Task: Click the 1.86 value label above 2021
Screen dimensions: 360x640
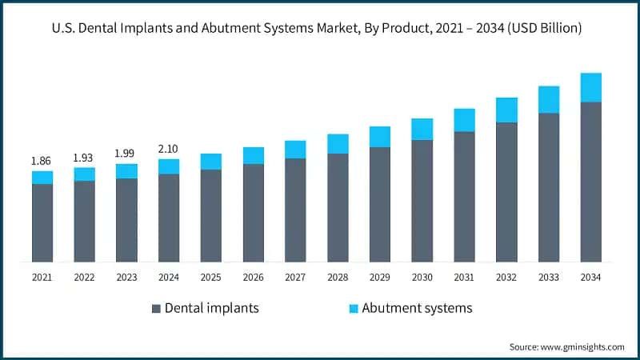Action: [x=42, y=161]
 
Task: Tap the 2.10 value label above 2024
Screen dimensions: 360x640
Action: [x=169, y=149]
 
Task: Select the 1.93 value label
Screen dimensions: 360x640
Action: [x=84, y=158]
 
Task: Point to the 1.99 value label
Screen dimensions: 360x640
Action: [x=126, y=154]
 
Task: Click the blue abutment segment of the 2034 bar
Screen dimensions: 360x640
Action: [x=590, y=87]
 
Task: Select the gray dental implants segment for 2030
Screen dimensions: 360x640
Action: [x=422, y=201]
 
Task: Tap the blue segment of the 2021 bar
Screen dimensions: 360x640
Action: [x=42, y=178]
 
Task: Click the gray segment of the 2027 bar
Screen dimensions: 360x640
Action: [x=295, y=210]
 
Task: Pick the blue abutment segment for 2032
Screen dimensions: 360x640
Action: [x=506, y=110]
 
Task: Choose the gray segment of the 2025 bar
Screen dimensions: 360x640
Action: [x=211, y=215]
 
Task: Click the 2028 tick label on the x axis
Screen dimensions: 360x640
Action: [x=338, y=277]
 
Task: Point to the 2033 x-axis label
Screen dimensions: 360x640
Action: [x=548, y=277]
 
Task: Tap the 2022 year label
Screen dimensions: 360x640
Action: [x=84, y=277]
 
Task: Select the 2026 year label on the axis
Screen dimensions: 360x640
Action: [x=253, y=277]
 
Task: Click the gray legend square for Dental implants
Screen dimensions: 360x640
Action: [x=156, y=308]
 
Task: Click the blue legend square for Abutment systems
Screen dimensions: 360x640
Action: [x=353, y=308]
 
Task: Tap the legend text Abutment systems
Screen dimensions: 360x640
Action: [x=417, y=308]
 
